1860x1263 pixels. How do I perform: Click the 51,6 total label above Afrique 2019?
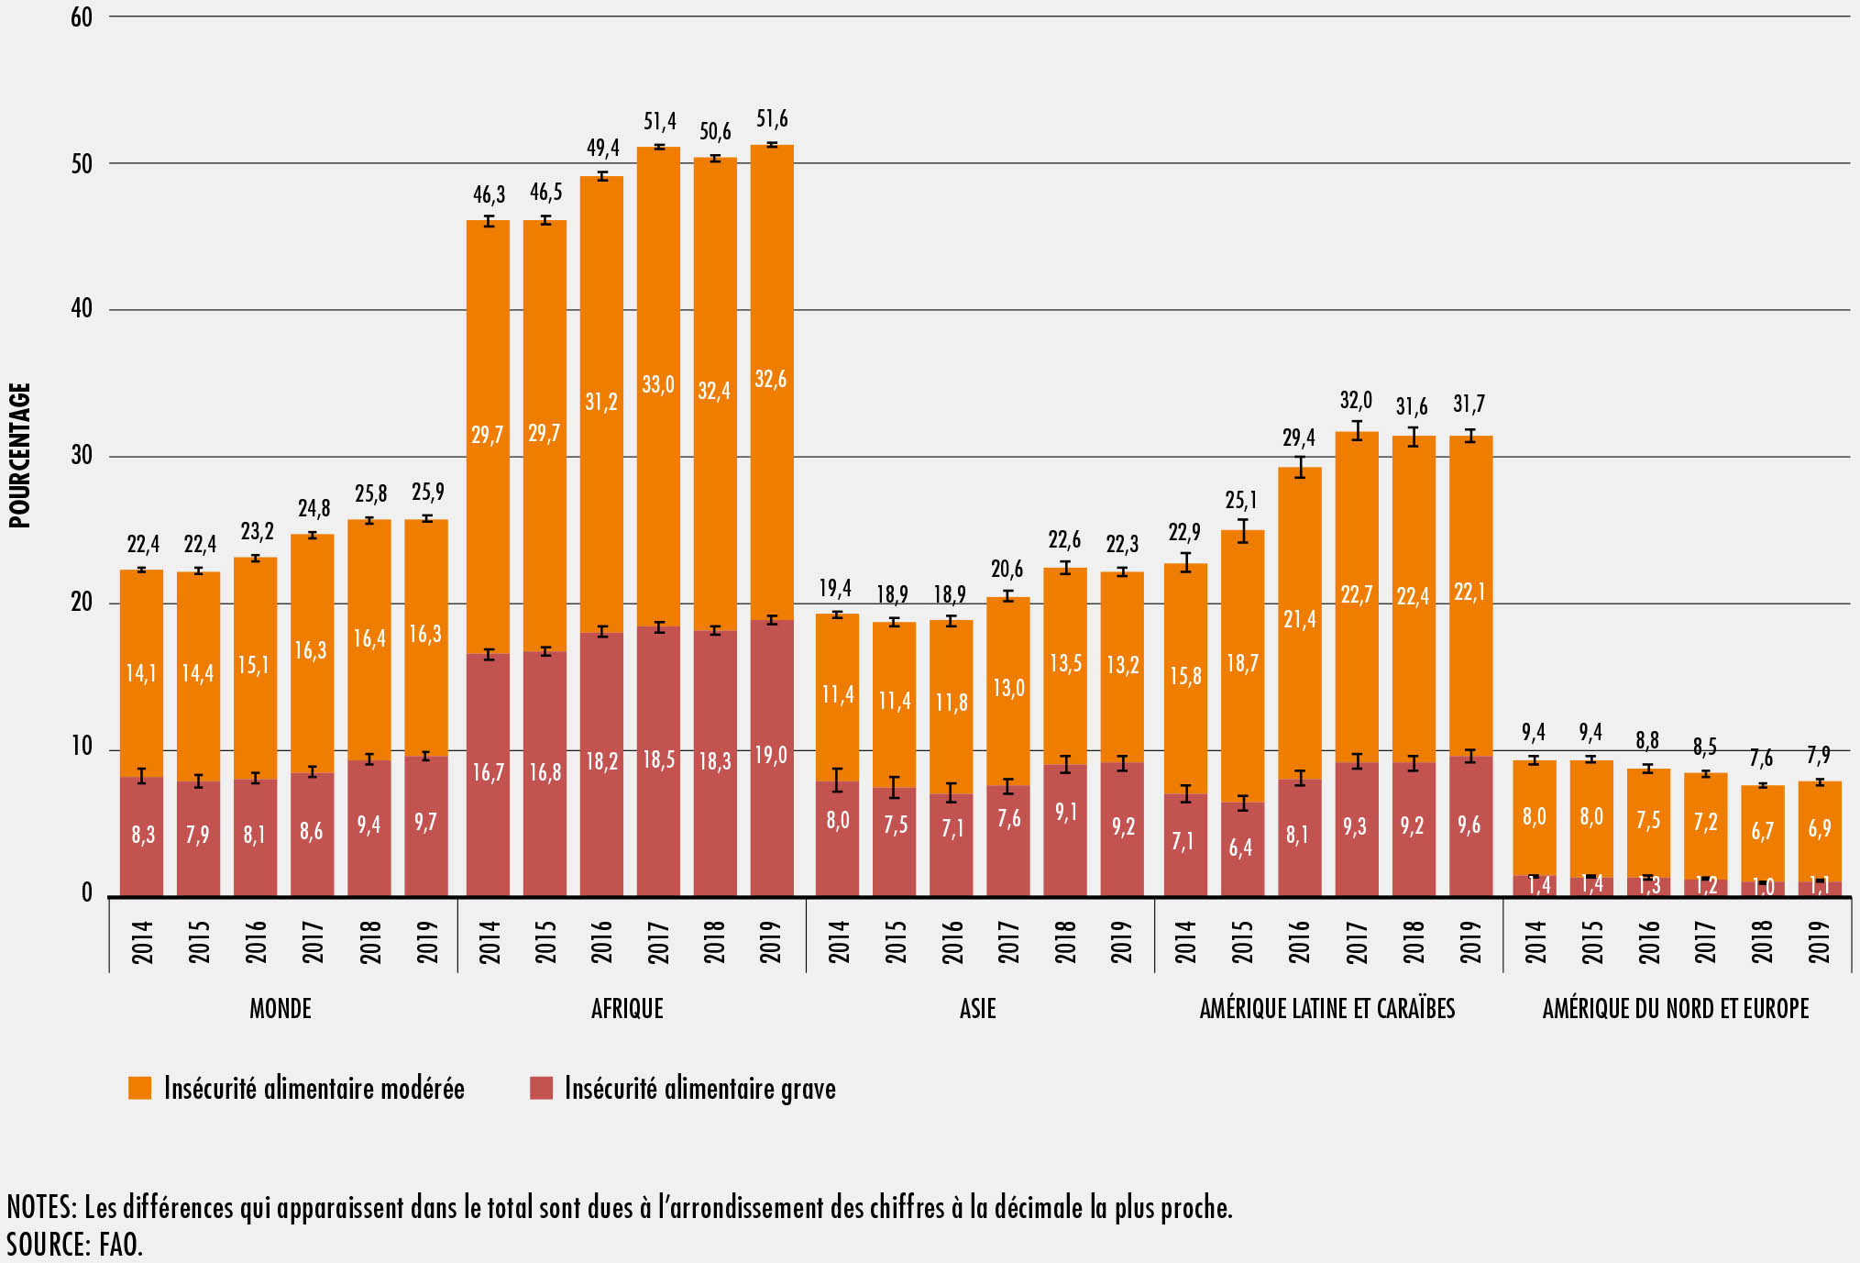[x=772, y=119]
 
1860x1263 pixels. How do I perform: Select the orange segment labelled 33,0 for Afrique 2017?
[x=658, y=384]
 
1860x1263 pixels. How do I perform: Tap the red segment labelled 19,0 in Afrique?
[x=771, y=756]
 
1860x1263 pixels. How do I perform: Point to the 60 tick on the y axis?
[x=82, y=17]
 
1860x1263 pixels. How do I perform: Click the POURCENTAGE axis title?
[x=20, y=456]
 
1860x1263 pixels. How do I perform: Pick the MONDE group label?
[x=281, y=1009]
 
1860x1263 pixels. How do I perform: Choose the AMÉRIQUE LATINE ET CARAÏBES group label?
[x=1326, y=1009]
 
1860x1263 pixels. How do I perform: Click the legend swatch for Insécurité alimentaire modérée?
[x=139, y=1088]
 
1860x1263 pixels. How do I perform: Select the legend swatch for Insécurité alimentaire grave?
[x=541, y=1088]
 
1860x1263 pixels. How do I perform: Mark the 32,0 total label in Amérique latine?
[x=1356, y=400]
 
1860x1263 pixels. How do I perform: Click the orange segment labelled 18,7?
[x=1242, y=663]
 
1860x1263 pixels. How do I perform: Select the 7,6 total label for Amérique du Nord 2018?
[x=1761, y=759]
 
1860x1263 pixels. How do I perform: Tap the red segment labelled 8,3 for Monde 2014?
[x=142, y=835]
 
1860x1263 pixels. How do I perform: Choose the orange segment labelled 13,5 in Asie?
[x=1065, y=663]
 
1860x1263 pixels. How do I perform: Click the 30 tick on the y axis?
[x=82, y=456]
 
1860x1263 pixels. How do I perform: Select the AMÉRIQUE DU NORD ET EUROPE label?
[x=1675, y=1009]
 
